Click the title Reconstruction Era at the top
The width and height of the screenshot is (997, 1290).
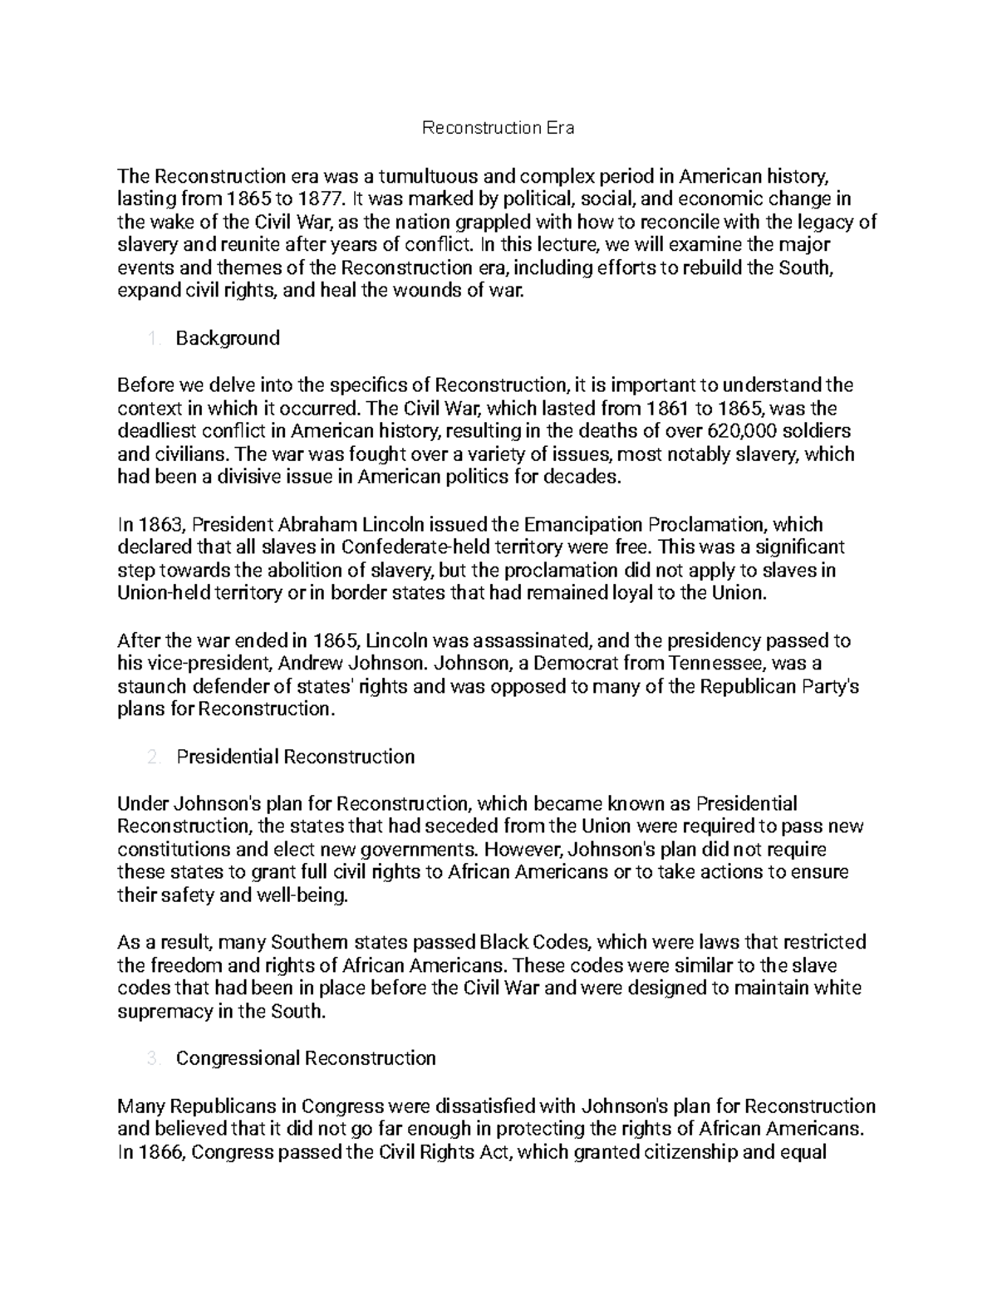pos(498,128)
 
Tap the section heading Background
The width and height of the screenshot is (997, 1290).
pos(228,338)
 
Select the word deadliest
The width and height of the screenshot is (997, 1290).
pos(156,431)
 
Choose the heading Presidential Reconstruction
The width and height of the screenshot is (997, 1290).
pos(295,757)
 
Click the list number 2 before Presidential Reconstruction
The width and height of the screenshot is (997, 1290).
pos(152,757)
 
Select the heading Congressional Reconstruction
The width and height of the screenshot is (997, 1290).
pos(306,1058)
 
